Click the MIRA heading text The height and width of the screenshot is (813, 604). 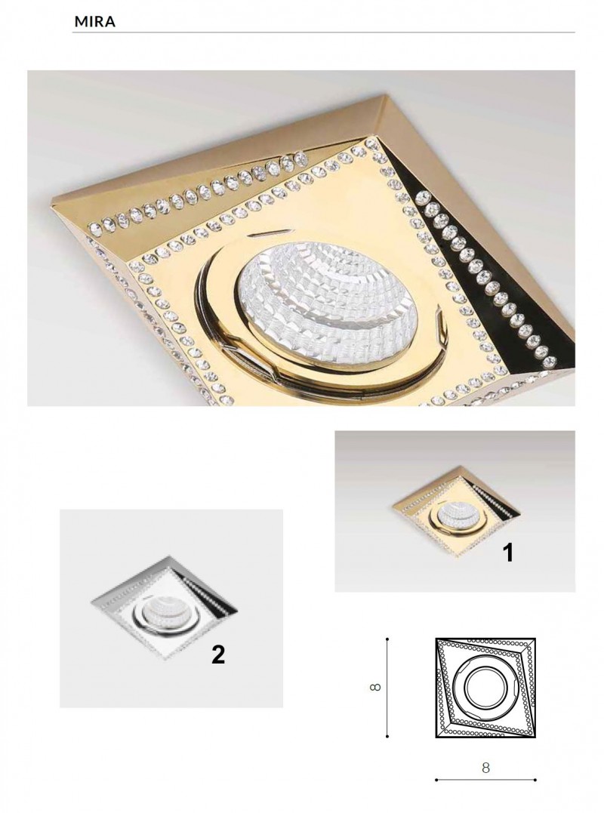[95, 22]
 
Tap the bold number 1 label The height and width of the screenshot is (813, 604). [509, 553]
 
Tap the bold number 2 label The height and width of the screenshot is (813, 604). [218, 655]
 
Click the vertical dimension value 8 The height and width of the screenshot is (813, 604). [376, 688]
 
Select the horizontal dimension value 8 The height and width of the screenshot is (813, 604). [485, 768]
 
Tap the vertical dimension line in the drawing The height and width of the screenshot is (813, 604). [387, 688]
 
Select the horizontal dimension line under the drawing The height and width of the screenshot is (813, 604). [485, 794]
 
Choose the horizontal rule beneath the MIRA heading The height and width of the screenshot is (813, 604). [323, 32]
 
